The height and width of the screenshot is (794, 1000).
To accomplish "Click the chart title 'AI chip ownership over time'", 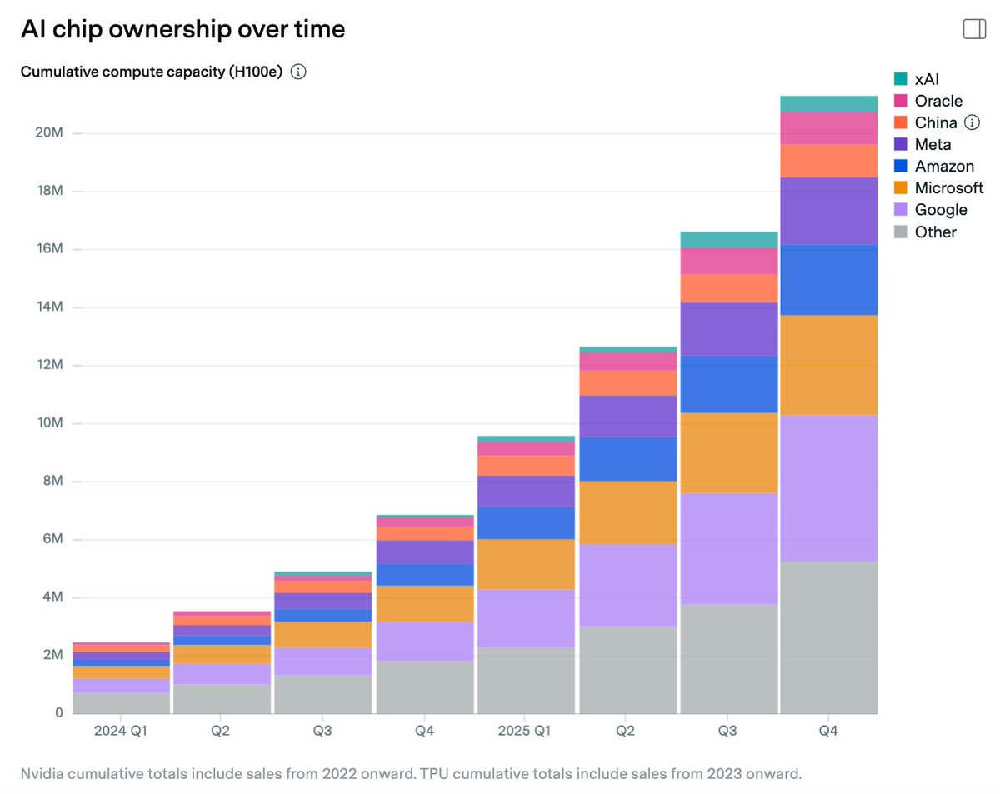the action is (x=182, y=29).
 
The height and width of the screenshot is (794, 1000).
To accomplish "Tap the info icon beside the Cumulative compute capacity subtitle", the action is (x=298, y=72).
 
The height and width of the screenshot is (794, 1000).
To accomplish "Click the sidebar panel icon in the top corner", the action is (x=974, y=29).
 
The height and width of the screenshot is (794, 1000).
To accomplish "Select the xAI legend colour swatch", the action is (x=900, y=79).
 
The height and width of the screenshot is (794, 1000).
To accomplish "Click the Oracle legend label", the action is (x=938, y=101).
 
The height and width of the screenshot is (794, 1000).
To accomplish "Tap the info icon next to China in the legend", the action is (x=972, y=122).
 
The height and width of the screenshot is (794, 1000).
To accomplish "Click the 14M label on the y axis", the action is (x=50, y=307).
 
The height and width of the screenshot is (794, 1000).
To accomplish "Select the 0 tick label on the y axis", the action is (x=59, y=712).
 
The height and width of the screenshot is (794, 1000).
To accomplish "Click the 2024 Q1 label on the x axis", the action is (x=121, y=731).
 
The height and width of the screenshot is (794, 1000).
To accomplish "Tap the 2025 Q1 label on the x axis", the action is (x=524, y=731).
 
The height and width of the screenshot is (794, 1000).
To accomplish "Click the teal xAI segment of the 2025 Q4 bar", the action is (x=828, y=104).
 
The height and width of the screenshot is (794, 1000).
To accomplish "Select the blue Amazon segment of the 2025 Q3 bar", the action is (x=729, y=384).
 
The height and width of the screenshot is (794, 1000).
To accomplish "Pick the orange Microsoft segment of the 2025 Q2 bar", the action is (x=628, y=513).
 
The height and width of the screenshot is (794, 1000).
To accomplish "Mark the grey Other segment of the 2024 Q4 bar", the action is (x=425, y=687).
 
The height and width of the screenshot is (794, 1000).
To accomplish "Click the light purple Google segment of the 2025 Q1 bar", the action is (x=526, y=618).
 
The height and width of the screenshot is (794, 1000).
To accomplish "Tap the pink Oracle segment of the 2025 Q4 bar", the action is (x=828, y=128).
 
